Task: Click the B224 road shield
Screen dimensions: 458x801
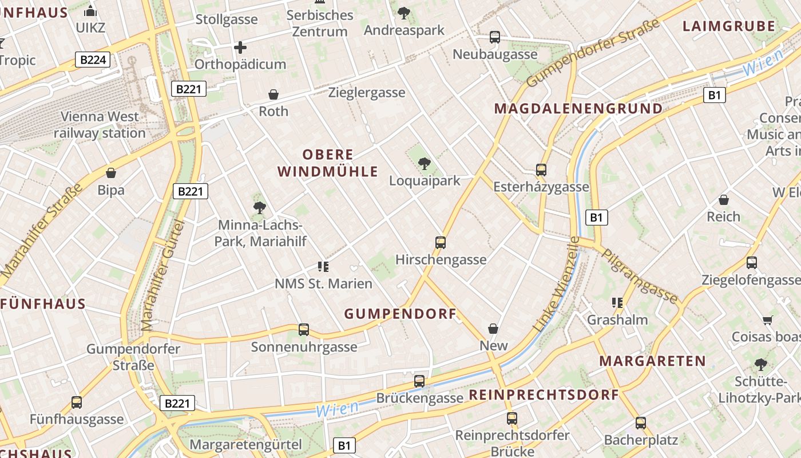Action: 92,60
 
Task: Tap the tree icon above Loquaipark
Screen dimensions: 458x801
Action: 424,164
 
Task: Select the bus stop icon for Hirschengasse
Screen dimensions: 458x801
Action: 440,242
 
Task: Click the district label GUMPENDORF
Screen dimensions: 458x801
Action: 400,314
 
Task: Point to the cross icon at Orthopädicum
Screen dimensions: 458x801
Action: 240,47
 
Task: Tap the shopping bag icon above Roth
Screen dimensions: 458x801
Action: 273,94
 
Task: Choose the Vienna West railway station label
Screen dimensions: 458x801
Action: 100,125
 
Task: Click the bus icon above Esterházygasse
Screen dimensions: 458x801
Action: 541,170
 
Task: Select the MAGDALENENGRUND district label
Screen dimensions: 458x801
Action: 578,109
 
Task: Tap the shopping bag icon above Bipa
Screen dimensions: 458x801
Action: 111,173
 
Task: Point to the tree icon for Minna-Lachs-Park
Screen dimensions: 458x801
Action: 260,208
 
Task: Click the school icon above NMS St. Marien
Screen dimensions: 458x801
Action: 323,266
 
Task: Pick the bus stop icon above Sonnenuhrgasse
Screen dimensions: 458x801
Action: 304,330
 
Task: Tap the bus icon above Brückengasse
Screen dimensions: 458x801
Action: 419,381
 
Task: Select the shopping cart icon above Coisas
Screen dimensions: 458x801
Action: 767,320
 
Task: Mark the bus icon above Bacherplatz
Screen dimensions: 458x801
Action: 640,423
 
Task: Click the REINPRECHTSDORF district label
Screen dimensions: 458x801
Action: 544,395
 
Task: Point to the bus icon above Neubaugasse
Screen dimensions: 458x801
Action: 495,38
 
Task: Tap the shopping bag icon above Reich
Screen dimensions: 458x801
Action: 724,200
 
